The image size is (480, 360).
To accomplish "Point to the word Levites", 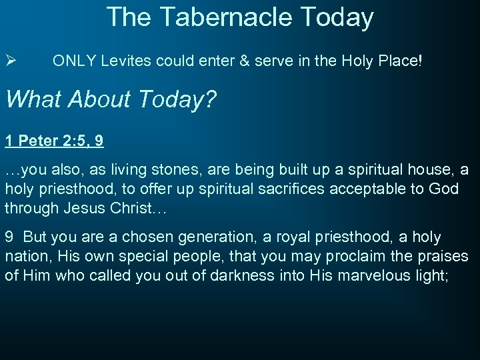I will tap(126, 61).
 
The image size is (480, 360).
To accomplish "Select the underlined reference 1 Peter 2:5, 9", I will tap(54, 141).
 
